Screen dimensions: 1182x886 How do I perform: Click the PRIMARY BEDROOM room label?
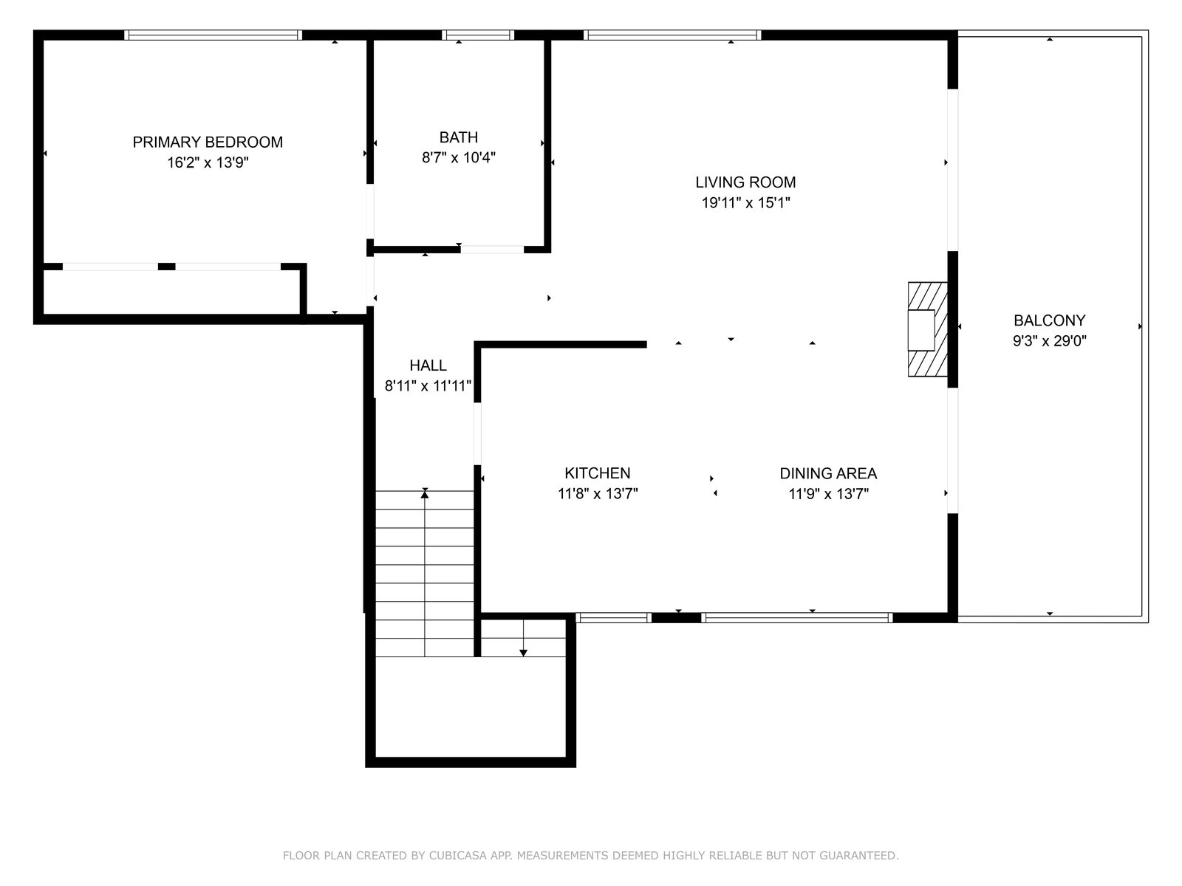pos(208,142)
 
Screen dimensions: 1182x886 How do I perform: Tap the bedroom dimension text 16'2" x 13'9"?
pos(208,162)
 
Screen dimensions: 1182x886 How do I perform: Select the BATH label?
pos(458,137)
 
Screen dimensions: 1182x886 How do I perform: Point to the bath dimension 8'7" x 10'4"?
pos(458,157)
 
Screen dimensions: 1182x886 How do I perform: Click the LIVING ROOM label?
pos(745,182)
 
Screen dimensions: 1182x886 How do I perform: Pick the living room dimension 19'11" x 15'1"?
pos(745,203)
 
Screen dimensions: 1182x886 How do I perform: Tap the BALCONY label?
pos(1049,320)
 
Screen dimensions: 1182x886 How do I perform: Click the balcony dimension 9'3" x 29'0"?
pos(1049,341)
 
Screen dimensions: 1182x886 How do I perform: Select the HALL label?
pos(428,365)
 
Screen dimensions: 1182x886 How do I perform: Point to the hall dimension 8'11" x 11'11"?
pos(428,386)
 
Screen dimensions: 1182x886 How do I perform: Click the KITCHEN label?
pos(597,473)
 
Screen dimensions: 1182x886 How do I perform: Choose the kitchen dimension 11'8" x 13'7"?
pos(597,494)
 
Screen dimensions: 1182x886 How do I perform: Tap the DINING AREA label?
pos(828,473)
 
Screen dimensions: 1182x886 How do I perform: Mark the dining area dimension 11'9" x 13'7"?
pos(828,494)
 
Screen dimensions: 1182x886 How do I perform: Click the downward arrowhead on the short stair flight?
pos(523,653)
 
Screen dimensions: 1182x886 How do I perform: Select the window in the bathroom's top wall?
pos(478,35)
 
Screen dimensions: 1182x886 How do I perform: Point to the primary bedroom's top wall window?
pos(213,35)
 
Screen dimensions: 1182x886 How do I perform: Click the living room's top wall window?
pos(672,35)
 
